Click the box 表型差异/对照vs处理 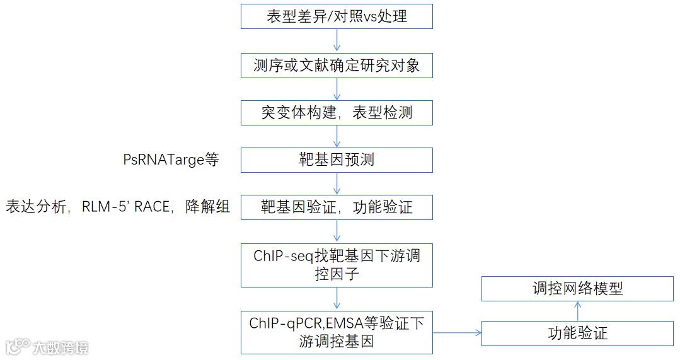pyautogui.click(x=337, y=16)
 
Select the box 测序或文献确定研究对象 pyautogui.click(x=337, y=64)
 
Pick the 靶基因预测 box pyautogui.click(x=337, y=160)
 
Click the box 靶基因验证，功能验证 pyautogui.click(x=337, y=207)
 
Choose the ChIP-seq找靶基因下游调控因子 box pyautogui.click(x=337, y=264)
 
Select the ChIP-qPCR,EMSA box pyautogui.click(x=337, y=332)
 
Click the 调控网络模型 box pyautogui.click(x=577, y=289)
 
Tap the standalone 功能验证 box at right pyautogui.click(x=577, y=333)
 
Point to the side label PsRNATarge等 pyautogui.click(x=171, y=160)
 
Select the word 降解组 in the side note pyautogui.click(x=207, y=207)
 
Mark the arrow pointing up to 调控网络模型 pyautogui.click(x=578, y=311)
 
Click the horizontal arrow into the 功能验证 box pyautogui.click(x=457, y=332)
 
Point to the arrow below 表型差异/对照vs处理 pyautogui.click(x=337, y=40)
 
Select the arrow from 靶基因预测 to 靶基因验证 pyautogui.click(x=337, y=183)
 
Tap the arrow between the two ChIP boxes pyautogui.click(x=337, y=298)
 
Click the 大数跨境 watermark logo pyautogui.click(x=47, y=347)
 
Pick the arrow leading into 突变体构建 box pyautogui.click(x=337, y=88)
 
